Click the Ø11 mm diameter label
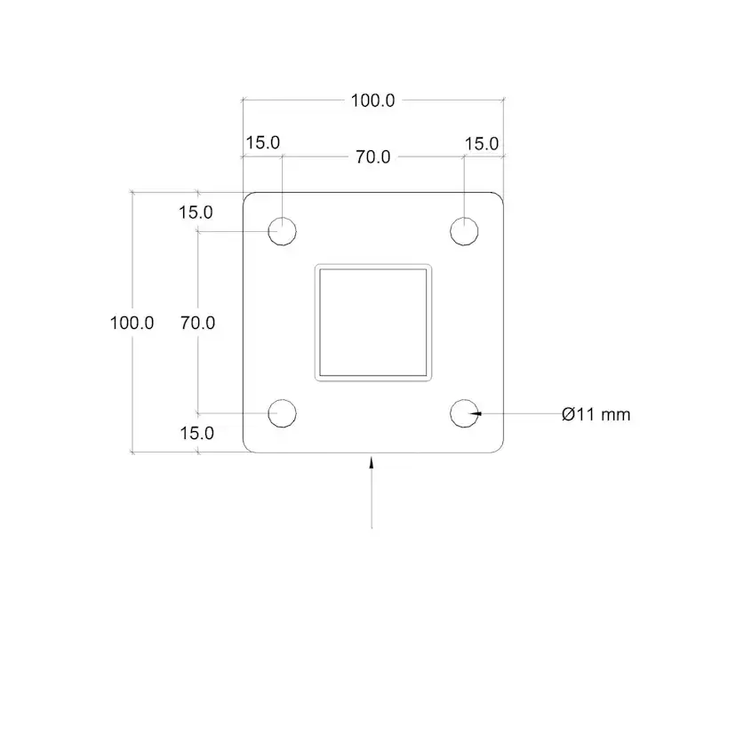click(x=596, y=414)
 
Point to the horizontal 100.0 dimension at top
click(x=373, y=100)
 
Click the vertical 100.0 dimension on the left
click(x=132, y=323)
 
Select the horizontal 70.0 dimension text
click(x=373, y=156)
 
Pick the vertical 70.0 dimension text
click(x=197, y=323)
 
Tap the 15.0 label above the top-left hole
click(x=263, y=143)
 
